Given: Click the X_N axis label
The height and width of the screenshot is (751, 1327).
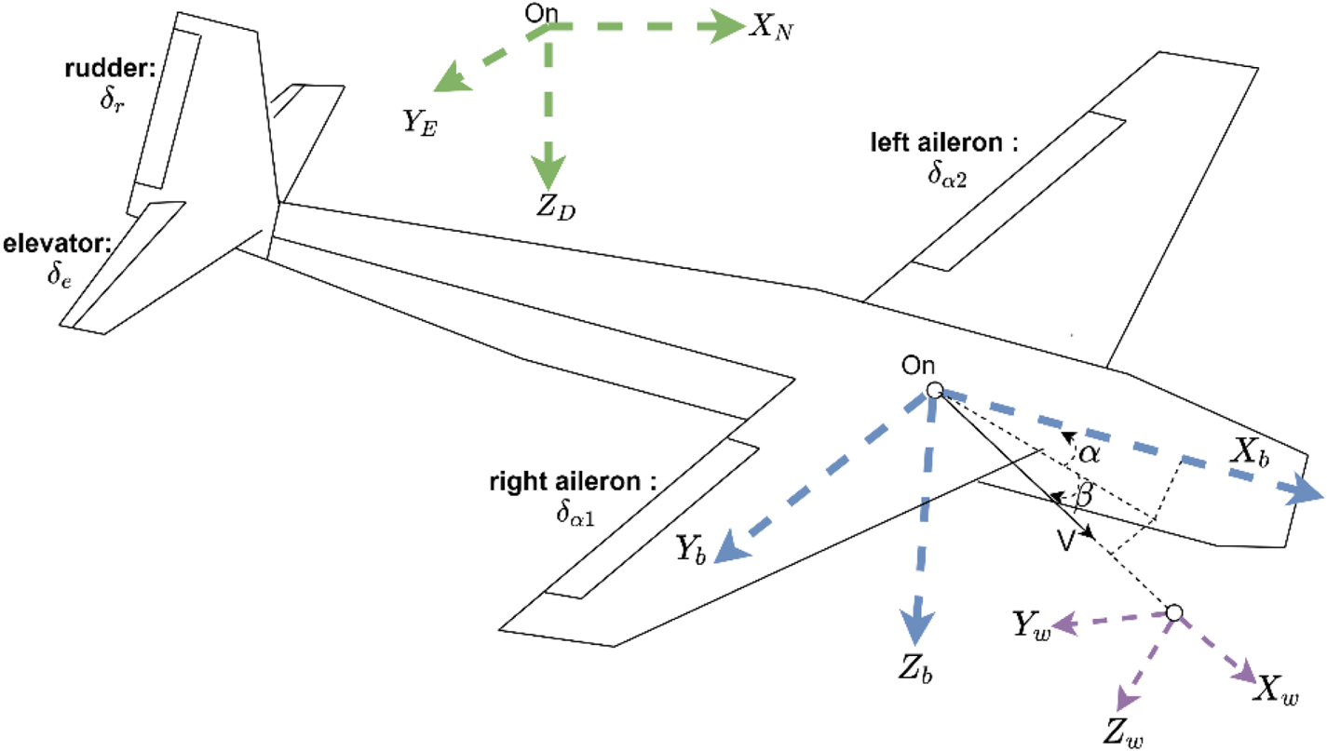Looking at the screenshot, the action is [771, 28].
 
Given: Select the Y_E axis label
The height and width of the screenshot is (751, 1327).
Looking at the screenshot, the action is [420, 123].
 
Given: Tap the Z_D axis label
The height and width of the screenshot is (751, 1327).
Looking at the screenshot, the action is [556, 208].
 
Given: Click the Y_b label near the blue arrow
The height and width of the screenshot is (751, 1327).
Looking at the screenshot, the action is [691, 550].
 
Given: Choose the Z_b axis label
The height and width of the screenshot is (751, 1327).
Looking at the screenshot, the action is [915, 670].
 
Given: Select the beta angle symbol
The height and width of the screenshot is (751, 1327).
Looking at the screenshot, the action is [1084, 494].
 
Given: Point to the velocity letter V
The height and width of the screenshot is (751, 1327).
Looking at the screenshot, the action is [1065, 541].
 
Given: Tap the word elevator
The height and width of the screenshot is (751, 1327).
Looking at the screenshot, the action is [56, 244].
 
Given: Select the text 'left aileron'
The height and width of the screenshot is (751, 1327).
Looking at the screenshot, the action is [937, 142].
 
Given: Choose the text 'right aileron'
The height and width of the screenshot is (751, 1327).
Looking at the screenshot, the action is [565, 482].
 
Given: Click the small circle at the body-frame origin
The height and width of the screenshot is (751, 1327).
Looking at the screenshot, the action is [934, 390].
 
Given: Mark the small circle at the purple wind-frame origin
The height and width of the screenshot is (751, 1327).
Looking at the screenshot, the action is [1173, 612].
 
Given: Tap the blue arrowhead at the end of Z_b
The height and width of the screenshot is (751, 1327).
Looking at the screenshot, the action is [917, 627].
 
